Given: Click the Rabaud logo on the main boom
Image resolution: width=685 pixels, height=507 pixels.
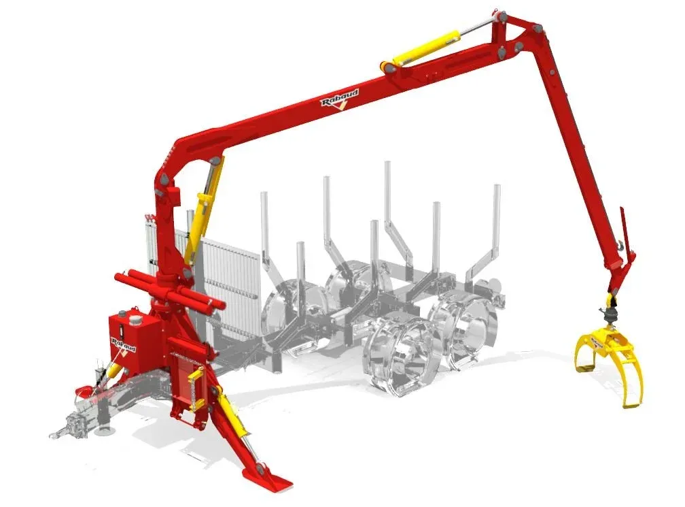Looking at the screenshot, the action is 340,99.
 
